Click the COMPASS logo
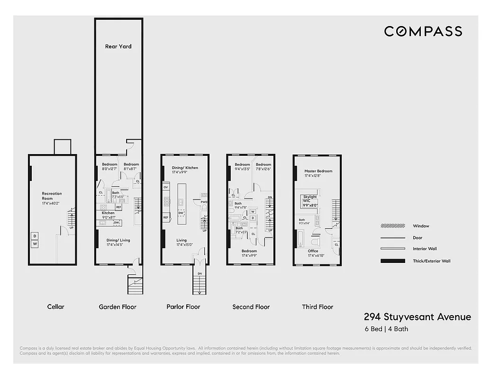click(423, 31)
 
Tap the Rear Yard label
click(118, 46)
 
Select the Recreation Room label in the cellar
click(52, 196)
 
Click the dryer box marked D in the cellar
click(35, 236)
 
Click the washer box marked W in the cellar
click(35, 244)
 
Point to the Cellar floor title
click(55, 307)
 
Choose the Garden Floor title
click(118, 307)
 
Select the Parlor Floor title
click(183, 307)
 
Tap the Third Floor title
click(318, 307)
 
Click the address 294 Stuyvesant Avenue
click(418, 317)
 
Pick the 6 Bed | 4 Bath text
click(386, 329)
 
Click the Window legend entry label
click(421, 226)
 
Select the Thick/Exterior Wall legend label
click(432, 261)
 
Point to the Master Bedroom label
click(318, 171)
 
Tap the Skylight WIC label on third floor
click(310, 199)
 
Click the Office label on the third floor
click(313, 251)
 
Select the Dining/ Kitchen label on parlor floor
click(185, 168)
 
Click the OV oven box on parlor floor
click(166, 187)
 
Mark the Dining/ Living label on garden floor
click(118, 240)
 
